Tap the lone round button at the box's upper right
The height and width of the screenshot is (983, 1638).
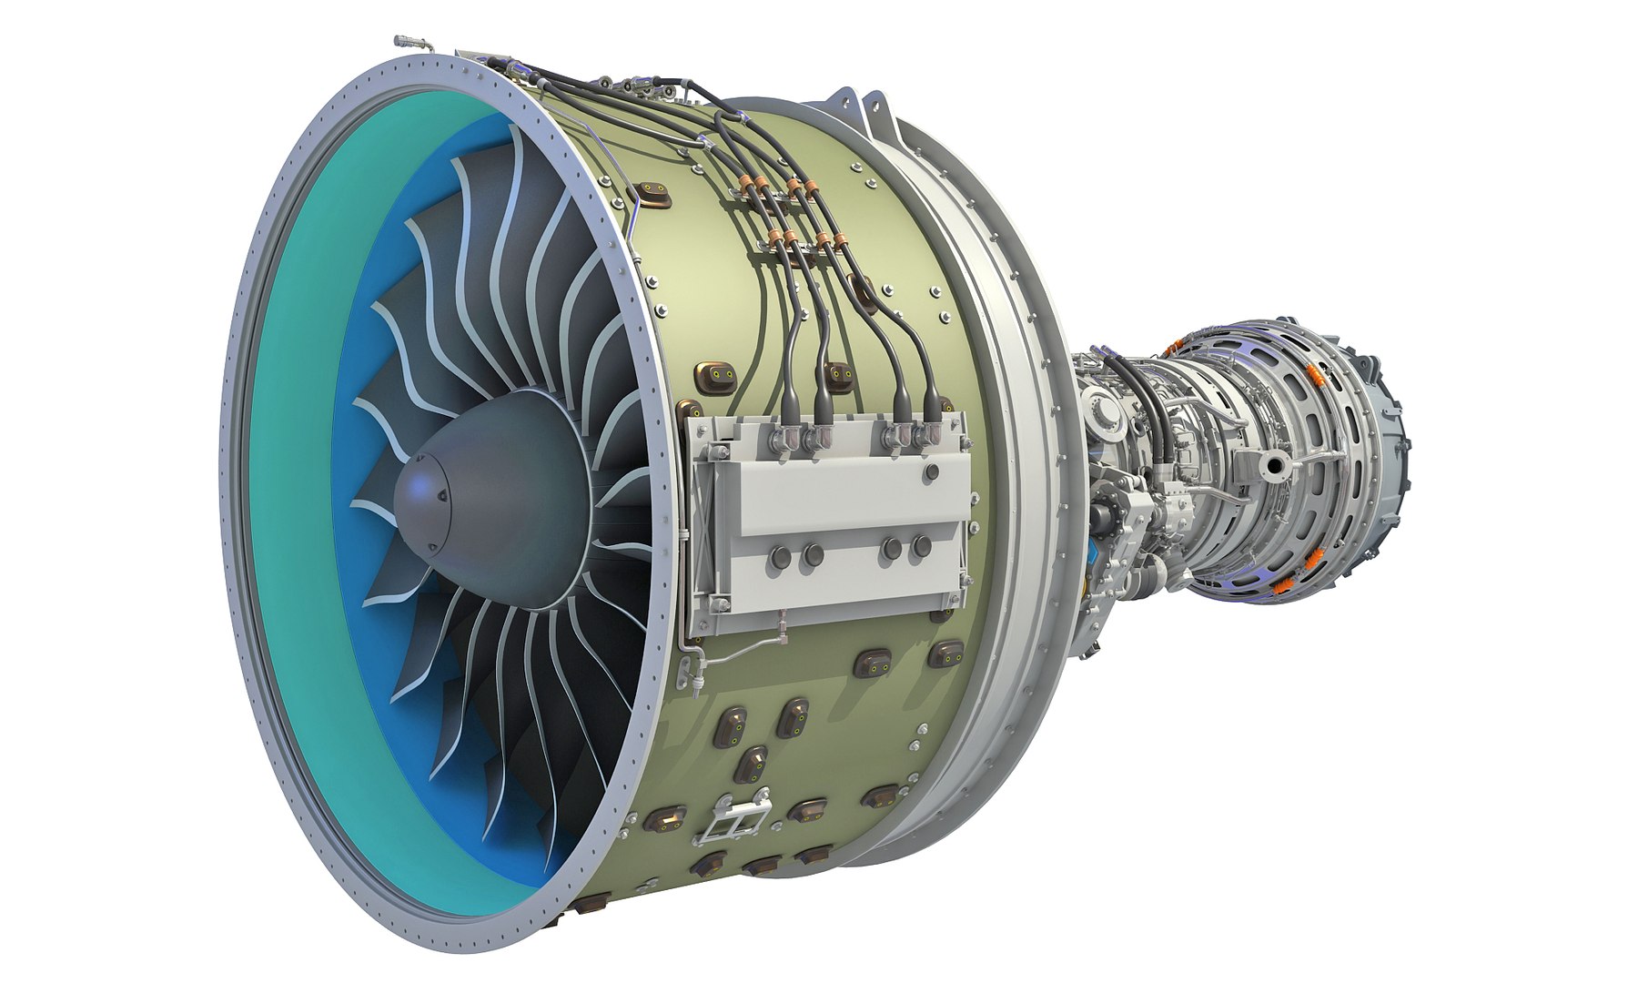click(931, 471)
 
